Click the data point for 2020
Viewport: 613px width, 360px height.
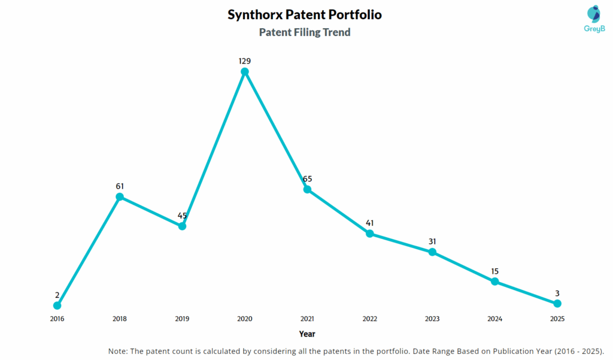245,72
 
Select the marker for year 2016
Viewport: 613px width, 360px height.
57,305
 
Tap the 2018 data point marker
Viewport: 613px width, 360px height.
120,196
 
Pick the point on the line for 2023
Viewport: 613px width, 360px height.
432,252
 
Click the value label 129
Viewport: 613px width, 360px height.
244,61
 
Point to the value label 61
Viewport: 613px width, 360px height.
120,186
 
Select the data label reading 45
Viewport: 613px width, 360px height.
183,216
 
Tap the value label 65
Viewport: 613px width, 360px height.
307,179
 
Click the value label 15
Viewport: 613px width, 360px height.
495,271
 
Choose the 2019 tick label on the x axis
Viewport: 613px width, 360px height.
182,319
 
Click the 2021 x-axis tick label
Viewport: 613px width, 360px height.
307,319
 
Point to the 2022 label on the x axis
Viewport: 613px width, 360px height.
370,319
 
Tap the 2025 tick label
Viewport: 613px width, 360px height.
557,319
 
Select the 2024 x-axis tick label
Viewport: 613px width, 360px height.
495,319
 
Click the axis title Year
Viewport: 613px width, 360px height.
307,334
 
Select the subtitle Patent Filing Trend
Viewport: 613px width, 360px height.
305,32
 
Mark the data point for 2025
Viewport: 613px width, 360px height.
557,304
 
